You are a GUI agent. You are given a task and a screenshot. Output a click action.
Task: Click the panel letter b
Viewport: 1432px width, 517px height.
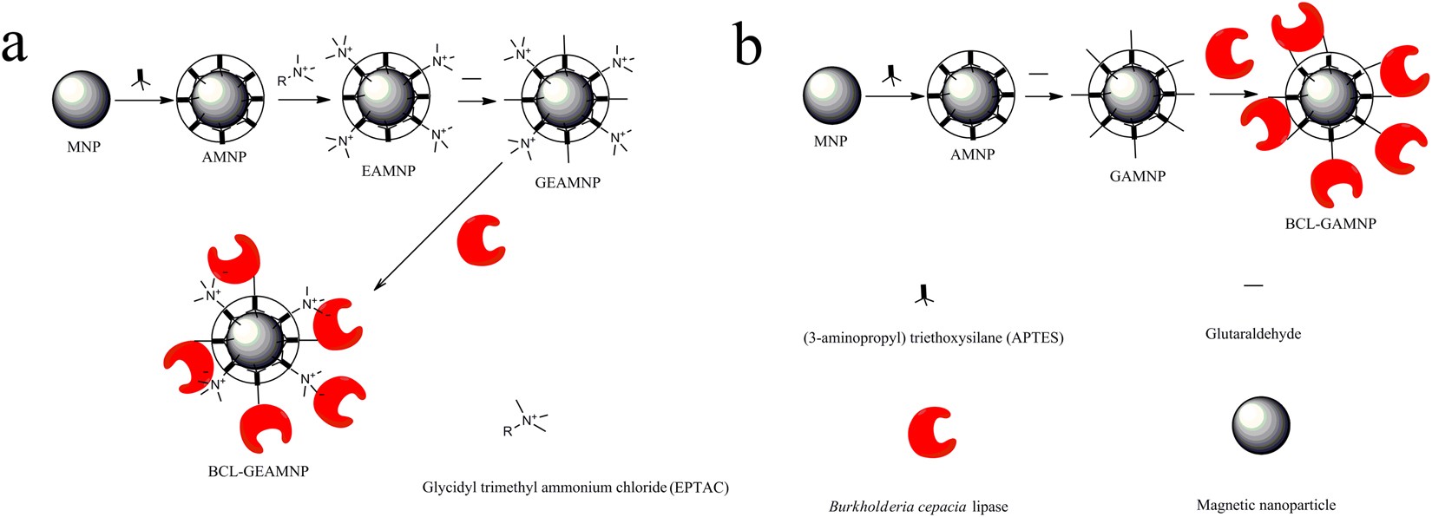[x=747, y=45]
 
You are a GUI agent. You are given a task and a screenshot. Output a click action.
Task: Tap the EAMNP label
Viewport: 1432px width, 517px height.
[x=388, y=171]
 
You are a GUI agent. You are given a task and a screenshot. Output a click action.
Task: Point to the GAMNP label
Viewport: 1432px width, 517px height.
[x=1137, y=176]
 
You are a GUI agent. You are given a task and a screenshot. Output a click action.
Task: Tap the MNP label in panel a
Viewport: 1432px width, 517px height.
[x=83, y=147]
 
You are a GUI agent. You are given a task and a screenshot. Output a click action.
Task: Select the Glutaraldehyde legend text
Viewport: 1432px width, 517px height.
[x=1252, y=333]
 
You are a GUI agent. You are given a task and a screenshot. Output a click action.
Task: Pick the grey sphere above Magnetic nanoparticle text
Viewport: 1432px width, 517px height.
[x=1260, y=425]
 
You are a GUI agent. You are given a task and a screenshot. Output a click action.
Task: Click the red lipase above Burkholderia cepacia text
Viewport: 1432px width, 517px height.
[x=931, y=431]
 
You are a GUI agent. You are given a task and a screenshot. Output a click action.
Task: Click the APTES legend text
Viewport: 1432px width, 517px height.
[x=933, y=338]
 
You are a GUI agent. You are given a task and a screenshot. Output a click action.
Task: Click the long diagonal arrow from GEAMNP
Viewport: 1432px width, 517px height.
[x=439, y=226]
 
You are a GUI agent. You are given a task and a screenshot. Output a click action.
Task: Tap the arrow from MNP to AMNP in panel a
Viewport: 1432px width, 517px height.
[x=142, y=100]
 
